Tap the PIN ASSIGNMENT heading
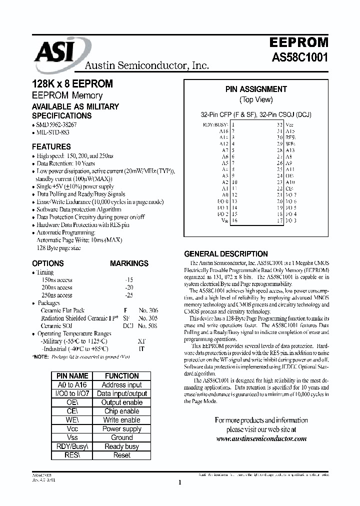click(x=256, y=89)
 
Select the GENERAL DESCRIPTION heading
click(x=226, y=254)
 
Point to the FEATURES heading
click(x=51, y=147)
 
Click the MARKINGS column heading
click(x=129, y=263)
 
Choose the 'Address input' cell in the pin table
click(x=121, y=385)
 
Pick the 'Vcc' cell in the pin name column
click(x=72, y=429)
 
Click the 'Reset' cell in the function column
click(x=121, y=455)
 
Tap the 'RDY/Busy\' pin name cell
click(x=72, y=446)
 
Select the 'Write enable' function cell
click(x=121, y=420)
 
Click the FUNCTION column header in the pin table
click(x=121, y=376)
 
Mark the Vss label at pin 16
click(x=224, y=220)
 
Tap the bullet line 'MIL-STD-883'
click(x=52, y=132)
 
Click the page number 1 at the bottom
click(x=179, y=482)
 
